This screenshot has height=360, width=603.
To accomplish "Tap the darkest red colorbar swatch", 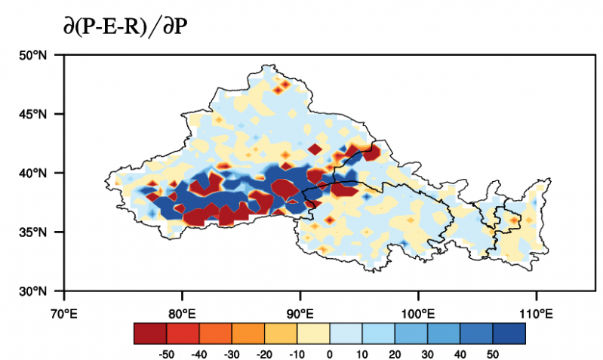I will click(x=150, y=333).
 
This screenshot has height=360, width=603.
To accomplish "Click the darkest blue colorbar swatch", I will click(x=509, y=333).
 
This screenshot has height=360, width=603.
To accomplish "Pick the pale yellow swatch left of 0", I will click(x=313, y=333).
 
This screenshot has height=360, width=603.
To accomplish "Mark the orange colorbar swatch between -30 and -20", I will click(x=248, y=333).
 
